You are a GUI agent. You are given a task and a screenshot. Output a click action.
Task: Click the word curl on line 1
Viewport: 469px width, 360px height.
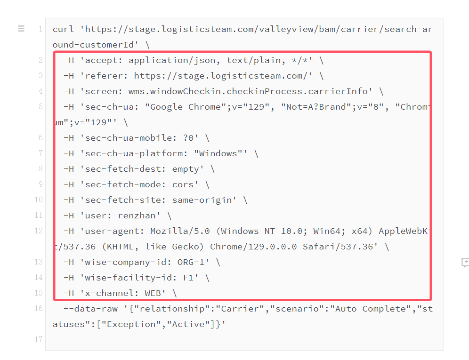(x=64, y=29)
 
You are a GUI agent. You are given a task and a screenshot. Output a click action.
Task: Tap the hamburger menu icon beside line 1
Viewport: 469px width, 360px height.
(x=21, y=29)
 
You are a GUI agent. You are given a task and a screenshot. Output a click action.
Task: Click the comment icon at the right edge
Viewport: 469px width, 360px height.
(x=465, y=263)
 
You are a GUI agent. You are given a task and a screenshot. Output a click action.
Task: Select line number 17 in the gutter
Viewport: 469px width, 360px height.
(x=38, y=339)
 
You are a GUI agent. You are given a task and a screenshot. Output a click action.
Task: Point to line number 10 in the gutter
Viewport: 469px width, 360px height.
(x=38, y=200)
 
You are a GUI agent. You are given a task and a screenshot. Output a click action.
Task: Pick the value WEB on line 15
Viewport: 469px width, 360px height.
(x=153, y=293)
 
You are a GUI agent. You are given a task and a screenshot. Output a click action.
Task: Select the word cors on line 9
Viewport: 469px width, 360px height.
(x=183, y=184)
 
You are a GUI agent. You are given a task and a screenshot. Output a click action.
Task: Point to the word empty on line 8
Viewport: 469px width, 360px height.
(x=186, y=169)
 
